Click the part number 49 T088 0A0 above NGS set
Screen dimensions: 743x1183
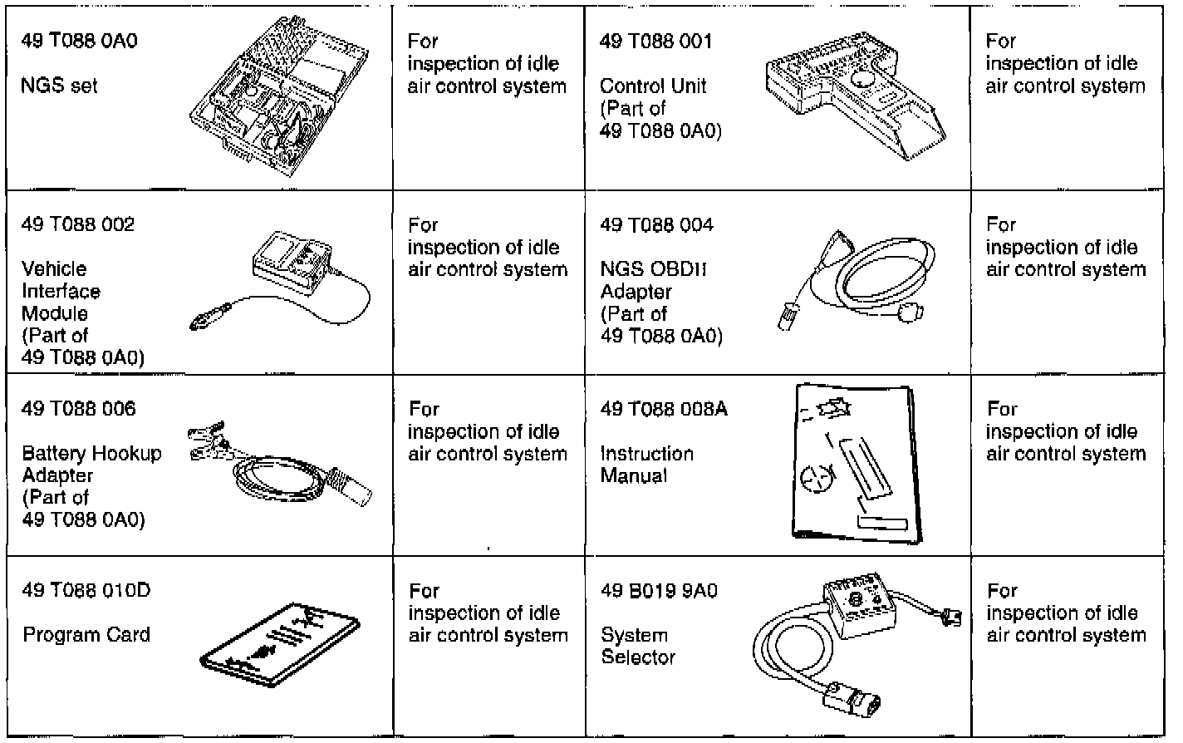(x=79, y=41)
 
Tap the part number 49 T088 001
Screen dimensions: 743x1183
(x=656, y=41)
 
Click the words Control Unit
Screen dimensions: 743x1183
(x=654, y=86)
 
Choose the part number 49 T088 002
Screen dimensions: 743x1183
(x=78, y=224)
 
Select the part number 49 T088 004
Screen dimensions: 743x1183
(x=656, y=224)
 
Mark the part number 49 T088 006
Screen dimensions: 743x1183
(x=78, y=408)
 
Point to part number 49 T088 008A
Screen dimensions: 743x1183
(x=663, y=408)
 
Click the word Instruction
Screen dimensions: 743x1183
(x=646, y=454)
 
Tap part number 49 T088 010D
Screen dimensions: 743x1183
(x=86, y=590)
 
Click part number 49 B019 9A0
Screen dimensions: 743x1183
(x=659, y=590)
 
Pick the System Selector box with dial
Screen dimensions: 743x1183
(x=856, y=607)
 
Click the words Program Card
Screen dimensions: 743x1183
(x=86, y=635)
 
